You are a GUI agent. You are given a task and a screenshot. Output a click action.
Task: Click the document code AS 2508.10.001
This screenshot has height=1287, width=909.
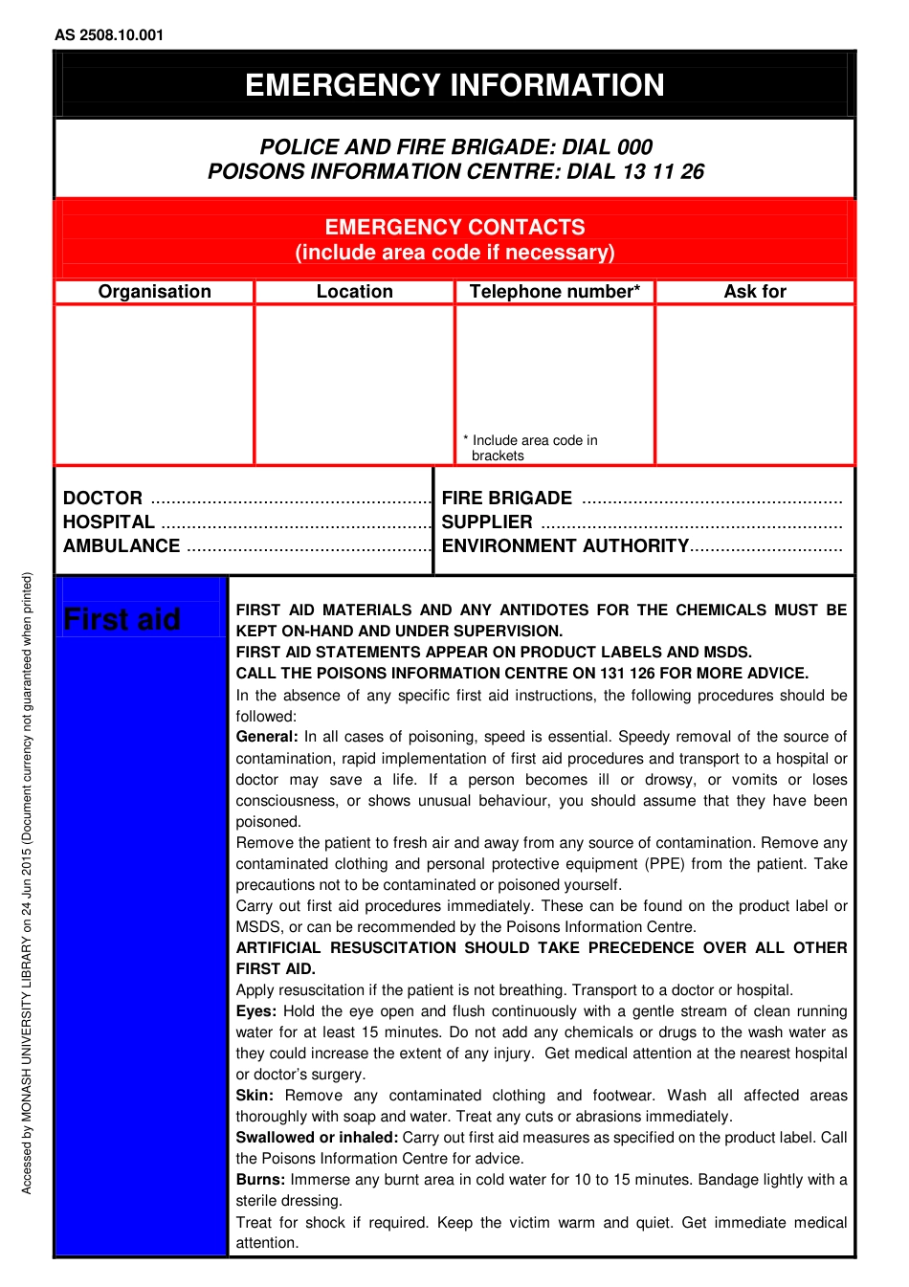point(109,35)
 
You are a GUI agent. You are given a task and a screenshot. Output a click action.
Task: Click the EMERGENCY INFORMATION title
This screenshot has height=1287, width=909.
point(454,85)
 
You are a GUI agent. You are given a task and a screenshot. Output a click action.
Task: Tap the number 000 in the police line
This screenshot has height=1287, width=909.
point(634,147)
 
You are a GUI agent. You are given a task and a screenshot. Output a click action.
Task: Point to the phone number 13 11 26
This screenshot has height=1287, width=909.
point(663,172)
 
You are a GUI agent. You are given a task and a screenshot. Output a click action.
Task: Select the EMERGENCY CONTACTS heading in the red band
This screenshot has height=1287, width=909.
point(454,228)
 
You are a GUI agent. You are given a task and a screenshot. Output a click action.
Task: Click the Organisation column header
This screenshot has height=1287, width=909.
point(155,292)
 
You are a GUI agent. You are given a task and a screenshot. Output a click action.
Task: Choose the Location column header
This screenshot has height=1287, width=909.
point(355,292)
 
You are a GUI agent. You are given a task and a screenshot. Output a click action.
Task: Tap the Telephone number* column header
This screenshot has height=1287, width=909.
point(555,292)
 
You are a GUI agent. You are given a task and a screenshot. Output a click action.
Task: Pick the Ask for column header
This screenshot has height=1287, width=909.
point(755,292)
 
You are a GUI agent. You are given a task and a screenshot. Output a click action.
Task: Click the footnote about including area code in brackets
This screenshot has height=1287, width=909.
point(532,448)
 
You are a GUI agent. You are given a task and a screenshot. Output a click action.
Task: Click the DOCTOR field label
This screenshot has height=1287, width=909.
point(102,499)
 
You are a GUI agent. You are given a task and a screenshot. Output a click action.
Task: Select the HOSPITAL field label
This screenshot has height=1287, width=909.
point(108,522)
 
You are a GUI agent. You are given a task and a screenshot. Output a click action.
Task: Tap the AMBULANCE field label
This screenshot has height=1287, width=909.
point(122,546)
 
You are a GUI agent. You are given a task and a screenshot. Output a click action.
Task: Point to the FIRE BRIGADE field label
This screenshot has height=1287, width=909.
point(507,499)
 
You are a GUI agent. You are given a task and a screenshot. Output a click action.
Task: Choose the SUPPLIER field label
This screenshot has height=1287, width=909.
point(487,522)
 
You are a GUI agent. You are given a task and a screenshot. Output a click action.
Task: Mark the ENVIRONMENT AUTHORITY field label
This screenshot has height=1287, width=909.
point(565,546)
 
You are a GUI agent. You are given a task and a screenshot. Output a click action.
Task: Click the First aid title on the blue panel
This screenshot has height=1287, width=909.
point(122,620)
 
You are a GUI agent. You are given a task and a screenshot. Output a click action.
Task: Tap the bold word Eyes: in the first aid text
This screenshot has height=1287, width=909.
point(256,1011)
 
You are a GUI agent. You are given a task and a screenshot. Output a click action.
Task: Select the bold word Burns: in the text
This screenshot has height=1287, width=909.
point(260,1180)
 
